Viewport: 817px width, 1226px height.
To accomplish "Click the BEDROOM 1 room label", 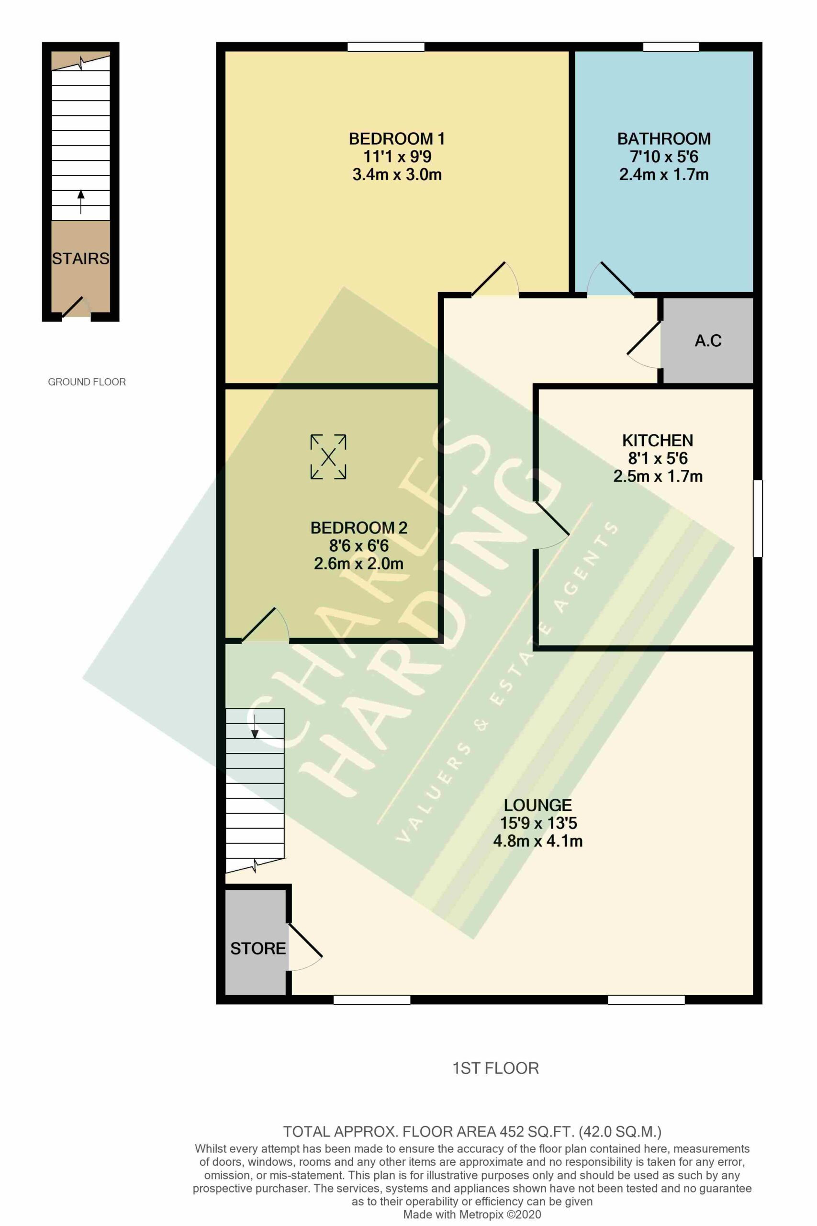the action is [396, 139].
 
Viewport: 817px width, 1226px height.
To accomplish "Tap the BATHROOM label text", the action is [664, 139].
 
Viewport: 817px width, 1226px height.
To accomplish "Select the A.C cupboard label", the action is [708, 341].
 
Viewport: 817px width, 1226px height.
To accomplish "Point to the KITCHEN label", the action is [658, 441].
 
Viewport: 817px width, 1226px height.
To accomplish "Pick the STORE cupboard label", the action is [258, 948].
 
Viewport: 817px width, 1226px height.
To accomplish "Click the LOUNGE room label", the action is [537, 806].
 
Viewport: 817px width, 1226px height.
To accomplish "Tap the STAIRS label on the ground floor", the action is [81, 259].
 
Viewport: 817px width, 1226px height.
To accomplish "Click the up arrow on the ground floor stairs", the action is [81, 202].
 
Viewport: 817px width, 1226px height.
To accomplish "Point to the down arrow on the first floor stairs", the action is [255, 727].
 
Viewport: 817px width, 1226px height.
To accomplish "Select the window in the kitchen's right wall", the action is [758, 518].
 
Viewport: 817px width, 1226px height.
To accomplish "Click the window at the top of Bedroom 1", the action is [386, 47].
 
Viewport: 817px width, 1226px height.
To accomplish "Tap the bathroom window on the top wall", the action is [671, 47].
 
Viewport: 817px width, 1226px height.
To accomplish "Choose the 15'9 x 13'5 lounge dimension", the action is [538, 823].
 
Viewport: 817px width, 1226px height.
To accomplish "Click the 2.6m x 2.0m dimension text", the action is [358, 564].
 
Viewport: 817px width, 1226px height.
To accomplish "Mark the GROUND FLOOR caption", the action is [87, 382].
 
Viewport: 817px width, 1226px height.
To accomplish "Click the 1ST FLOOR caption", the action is [495, 1068].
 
